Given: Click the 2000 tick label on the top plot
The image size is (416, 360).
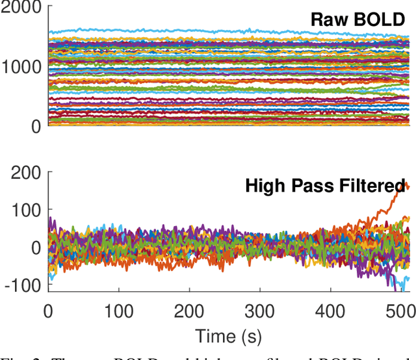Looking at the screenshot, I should (x=21, y=9).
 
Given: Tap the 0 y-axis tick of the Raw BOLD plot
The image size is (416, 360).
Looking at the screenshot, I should (x=36, y=125).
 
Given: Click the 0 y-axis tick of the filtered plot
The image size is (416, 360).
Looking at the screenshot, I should (x=36, y=248).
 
